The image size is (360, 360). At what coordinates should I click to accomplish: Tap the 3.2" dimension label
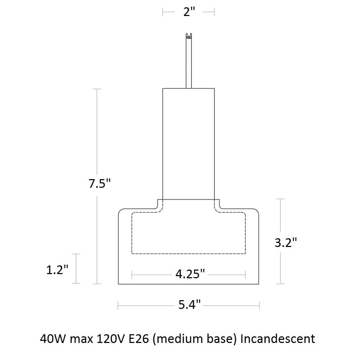286,242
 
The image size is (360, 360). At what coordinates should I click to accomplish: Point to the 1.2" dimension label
57,270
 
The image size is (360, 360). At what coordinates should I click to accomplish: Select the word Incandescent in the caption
278,338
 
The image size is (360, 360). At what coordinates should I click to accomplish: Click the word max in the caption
80,338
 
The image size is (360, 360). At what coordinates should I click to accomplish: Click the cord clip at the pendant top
189,35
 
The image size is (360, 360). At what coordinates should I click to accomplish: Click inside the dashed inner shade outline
189,233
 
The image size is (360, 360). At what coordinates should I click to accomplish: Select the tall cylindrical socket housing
189,143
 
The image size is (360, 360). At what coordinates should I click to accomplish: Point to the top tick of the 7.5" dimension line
97,89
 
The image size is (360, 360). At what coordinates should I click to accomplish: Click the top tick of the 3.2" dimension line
280,199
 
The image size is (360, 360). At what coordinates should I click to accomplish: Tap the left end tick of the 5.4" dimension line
118,305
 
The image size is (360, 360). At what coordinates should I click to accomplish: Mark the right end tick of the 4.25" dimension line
245,275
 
